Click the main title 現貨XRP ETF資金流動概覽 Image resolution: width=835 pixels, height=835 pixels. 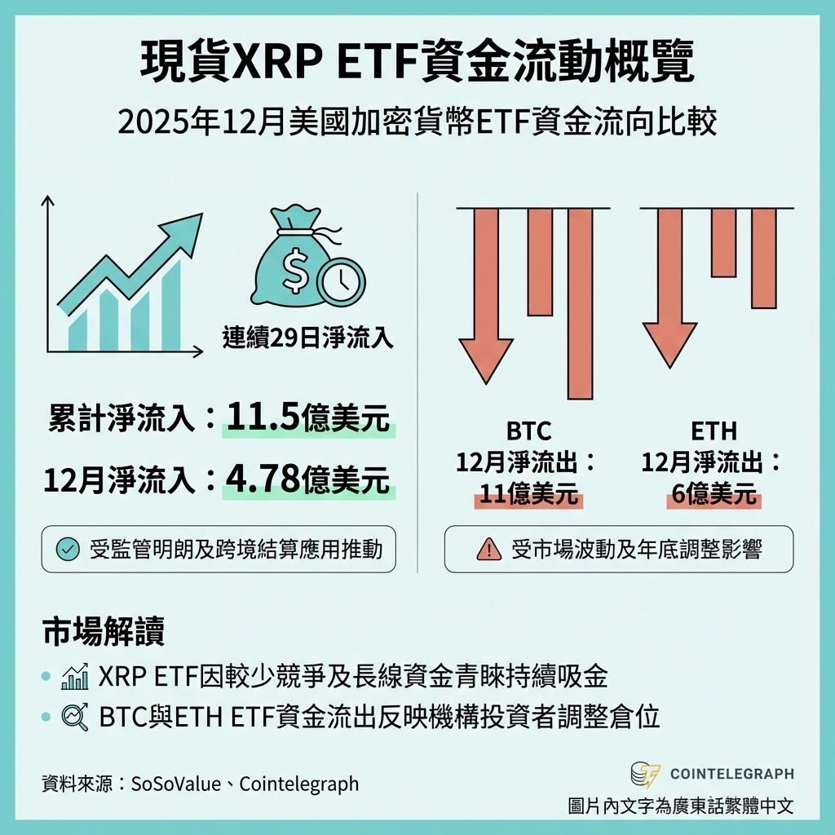click(417, 64)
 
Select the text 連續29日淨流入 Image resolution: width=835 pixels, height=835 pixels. click(307, 338)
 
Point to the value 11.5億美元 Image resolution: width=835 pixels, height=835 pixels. click(308, 418)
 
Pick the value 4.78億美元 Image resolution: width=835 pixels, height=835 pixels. click(308, 480)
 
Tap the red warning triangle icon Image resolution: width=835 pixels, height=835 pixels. click(488, 550)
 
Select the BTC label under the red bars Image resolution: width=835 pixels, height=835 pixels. click(528, 430)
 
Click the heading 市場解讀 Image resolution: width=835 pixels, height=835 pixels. click(103, 632)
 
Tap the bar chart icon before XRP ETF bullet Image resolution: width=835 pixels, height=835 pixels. click(75, 676)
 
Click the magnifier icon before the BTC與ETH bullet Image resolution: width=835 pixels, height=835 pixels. click(75, 717)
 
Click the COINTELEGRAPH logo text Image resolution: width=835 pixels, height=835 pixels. click(731, 774)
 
